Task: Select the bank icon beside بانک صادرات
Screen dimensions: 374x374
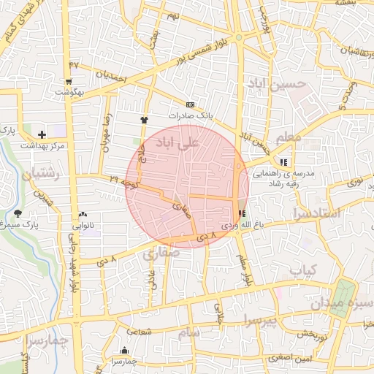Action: point(191,104)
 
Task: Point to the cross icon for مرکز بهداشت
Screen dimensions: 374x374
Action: point(42,134)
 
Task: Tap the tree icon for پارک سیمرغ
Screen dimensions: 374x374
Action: point(18,213)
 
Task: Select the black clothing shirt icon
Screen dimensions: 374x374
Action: point(144,119)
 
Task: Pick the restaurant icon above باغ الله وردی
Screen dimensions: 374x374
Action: point(242,213)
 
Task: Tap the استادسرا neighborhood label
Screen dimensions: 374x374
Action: point(316,214)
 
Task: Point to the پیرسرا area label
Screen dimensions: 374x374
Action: point(261,320)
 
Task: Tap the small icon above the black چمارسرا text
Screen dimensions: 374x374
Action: point(125,351)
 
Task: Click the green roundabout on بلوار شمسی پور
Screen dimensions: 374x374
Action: point(238,37)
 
